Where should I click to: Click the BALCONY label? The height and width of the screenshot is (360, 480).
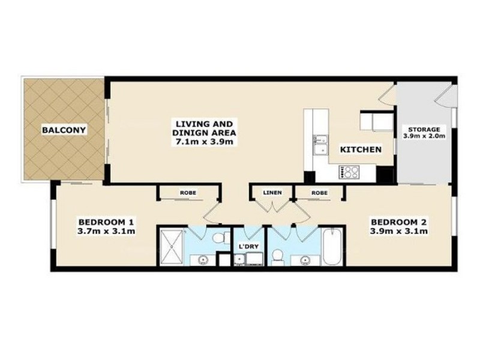click(64, 130)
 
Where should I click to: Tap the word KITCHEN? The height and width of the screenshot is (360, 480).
click(360, 149)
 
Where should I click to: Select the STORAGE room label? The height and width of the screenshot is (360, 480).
click(424, 129)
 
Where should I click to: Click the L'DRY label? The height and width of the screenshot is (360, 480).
click(248, 247)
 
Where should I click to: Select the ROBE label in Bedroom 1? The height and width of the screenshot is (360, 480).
click(185, 193)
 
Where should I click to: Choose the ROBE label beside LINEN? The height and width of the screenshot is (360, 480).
click(319, 193)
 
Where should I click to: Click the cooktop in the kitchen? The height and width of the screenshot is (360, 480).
click(349, 173)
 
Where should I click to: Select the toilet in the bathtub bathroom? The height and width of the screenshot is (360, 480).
click(278, 255)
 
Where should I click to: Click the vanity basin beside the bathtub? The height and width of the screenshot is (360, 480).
click(307, 259)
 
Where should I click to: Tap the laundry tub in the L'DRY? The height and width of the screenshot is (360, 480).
click(239, 259)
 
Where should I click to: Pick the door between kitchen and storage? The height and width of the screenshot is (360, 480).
click(389, 96)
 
